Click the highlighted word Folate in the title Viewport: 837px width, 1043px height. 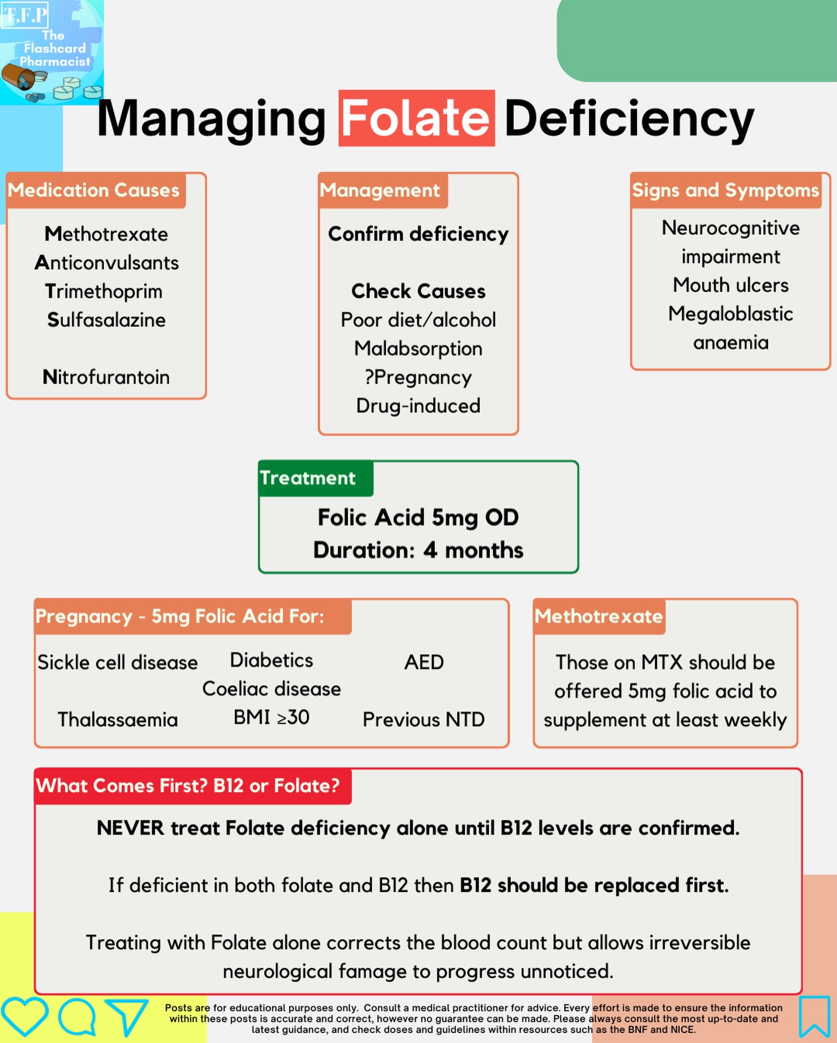point(416,118)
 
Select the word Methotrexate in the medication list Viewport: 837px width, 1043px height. point(106,234)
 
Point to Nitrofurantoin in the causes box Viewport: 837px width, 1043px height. point(106,377)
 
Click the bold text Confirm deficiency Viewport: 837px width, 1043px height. point(418,234)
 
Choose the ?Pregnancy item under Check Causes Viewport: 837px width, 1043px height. point(418,377)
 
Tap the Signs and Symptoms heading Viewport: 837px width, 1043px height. point(725,190)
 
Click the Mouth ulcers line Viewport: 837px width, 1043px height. point(731,285)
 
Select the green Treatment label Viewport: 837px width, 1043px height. point(309,478)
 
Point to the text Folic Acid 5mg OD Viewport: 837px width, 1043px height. point(418,517)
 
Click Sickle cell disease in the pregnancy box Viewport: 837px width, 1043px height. point(117,662)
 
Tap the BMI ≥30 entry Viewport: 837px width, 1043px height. point(272,717)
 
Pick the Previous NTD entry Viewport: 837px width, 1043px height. point(424,719)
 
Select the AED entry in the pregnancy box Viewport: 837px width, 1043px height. point(424,662)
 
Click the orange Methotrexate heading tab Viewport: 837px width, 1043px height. point(598,616)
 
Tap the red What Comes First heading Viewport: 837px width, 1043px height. point(188,786)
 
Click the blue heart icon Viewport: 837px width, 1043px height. point(24,1016)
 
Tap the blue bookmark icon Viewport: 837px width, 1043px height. point(815,1016)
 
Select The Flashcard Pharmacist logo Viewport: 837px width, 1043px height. point(52,52)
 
